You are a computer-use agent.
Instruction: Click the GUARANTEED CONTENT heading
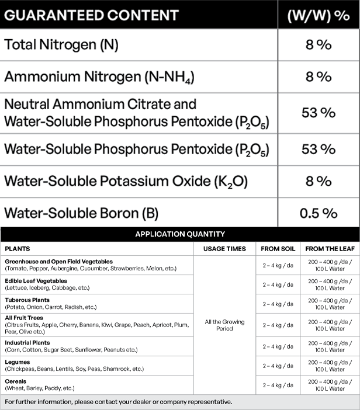92,14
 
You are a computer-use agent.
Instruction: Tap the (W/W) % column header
319,15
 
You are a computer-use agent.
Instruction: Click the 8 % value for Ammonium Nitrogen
319,77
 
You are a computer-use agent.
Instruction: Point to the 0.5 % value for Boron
319,213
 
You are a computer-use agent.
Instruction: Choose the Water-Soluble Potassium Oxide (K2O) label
126,181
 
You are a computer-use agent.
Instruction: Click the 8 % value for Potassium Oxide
319,181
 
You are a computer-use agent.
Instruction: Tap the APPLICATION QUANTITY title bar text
180,234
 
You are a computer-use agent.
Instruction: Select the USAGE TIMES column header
224,249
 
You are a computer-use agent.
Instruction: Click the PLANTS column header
18,249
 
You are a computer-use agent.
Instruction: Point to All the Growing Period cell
224,325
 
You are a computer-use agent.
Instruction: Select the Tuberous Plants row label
27,300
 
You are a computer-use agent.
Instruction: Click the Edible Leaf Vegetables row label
36,281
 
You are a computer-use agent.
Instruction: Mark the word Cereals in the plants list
16,381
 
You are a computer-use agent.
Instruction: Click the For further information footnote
119,402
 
